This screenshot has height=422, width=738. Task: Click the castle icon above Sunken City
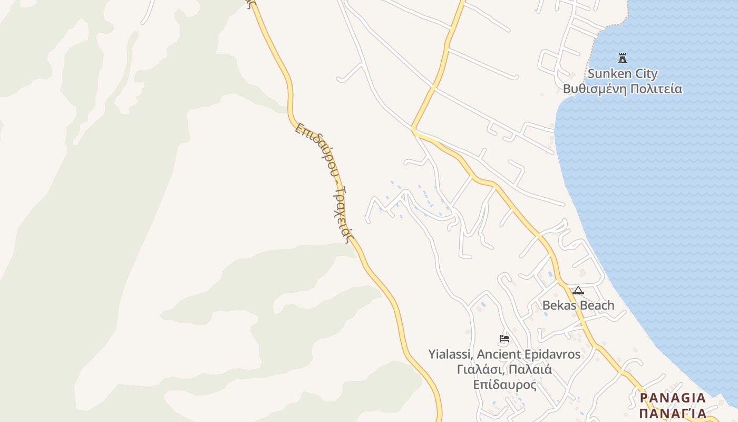pos(623,57)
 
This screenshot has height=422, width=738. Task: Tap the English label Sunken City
pos(623,73)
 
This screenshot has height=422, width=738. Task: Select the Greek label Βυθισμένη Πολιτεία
pos(623,89)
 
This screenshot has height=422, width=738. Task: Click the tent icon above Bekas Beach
pos(578,290)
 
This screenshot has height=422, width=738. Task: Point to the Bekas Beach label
pos(578,305)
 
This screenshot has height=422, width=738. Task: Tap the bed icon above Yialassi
pos(504,339)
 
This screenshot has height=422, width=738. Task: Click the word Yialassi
pos(448,354)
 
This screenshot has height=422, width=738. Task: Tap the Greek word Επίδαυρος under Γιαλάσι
pos(504,385)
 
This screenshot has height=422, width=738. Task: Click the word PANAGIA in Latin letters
pos(673,398)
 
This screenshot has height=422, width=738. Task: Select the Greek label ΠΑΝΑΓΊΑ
pos(673,413)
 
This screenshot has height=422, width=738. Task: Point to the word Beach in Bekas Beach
pos(597,305)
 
